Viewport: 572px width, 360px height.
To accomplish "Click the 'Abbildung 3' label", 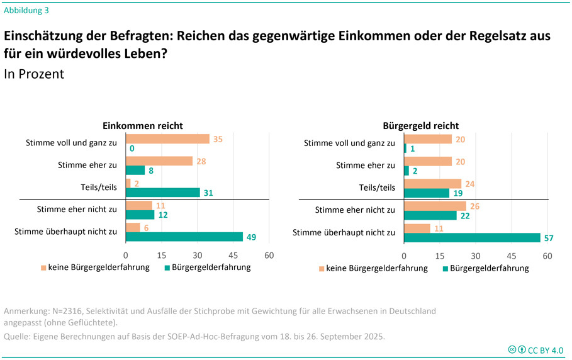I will pos(26,10).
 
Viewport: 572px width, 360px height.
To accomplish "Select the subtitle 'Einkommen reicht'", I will pos(143,126).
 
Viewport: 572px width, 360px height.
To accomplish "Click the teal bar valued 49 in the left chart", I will pos(184,237).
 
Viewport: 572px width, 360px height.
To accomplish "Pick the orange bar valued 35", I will pos(167,138).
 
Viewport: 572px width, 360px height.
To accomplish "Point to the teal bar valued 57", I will pos(472,237).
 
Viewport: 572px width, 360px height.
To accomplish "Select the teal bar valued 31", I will pos(163,192).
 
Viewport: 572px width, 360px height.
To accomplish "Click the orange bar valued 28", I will pos(159,160).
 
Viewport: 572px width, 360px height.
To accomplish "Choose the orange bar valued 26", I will pos(435,206).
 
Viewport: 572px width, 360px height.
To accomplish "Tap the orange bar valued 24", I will pos(432,183).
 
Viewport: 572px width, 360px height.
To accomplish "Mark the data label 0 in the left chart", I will pos(132,149).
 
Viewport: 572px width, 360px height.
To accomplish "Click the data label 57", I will pos(548,238).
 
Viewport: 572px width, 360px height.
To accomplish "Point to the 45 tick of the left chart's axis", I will pos(233,256).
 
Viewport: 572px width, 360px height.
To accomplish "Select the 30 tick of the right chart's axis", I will pos(476,256).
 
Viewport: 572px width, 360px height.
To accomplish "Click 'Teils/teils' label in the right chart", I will pos(378,187).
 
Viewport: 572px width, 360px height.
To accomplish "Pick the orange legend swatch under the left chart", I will pos(44,267).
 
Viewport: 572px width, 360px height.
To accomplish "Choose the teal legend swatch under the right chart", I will pos(445,269).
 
